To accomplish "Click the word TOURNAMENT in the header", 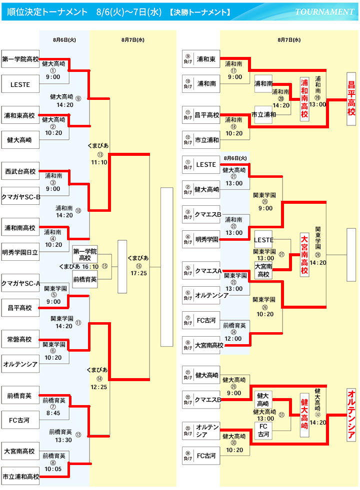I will click(324, 12).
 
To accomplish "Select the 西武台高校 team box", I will click(20, 171).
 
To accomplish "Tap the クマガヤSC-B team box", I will click(20, 196).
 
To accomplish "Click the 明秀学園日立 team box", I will click(20, 252).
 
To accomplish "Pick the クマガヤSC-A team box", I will click(20, 283).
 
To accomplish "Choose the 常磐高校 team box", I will click(20, 340).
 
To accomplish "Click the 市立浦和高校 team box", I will click(20, 476).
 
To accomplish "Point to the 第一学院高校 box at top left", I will click(20, 59).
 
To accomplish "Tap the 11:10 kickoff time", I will click(99, 162).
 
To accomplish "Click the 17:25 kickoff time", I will click(137, 273).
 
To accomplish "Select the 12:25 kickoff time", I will click(99, 387).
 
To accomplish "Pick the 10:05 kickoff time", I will click(53, 469).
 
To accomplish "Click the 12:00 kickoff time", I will click(234, 338).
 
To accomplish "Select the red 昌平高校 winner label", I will click(351, 103).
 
